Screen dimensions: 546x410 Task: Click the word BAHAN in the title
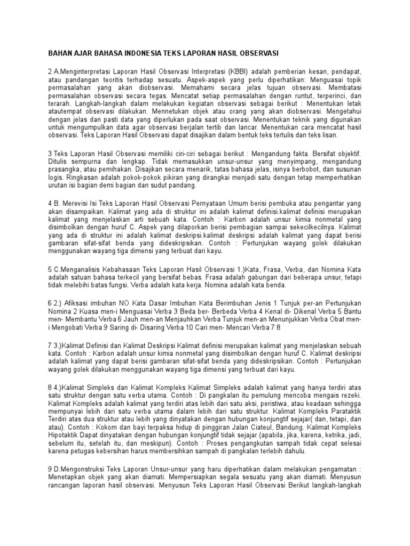point(61,53)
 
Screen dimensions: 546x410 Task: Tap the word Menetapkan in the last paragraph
point(68,488)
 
